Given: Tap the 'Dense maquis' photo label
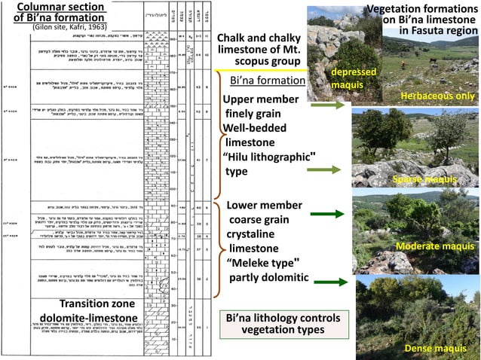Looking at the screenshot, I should pyautogui.click(x=435, y=348).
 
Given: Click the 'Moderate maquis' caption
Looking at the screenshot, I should pyautogui.click(x=436, y=247).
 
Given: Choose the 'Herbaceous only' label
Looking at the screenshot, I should pyautogui.click(x=437, y=96).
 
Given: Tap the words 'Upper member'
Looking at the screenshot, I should pyautogui.click(x=261, y=99).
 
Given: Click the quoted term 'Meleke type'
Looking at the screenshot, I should pyautogui.click(x=263, y=262).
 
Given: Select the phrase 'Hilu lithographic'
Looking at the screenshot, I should pyautogui.click(x=269, y=156).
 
